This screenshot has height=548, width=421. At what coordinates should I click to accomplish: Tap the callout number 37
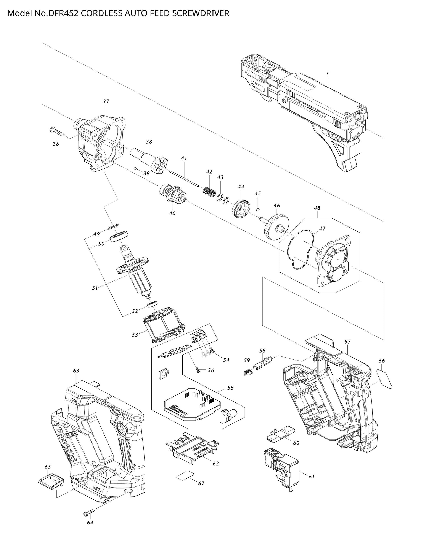[x=106, y=101]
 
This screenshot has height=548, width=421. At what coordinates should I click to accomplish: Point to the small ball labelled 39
[x=136, y=169]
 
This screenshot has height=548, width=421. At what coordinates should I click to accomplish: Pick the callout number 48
[x=317, y=208]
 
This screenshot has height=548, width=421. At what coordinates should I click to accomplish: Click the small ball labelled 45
[x=258, y=209]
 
